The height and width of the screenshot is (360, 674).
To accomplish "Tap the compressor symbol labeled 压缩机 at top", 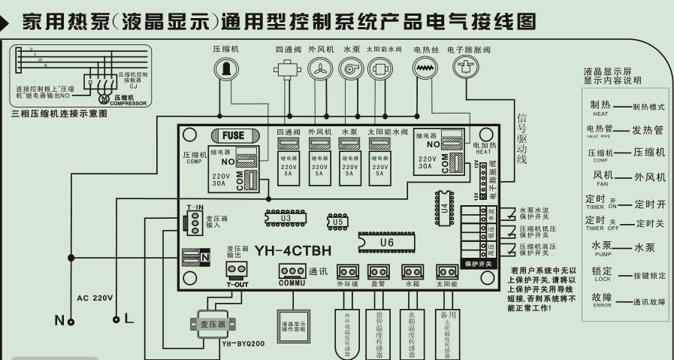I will (x=223, y=68).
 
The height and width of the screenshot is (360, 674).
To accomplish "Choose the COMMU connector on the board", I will (x=292, y=272).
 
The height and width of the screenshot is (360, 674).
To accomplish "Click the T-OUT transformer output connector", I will (x=236, y=271).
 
